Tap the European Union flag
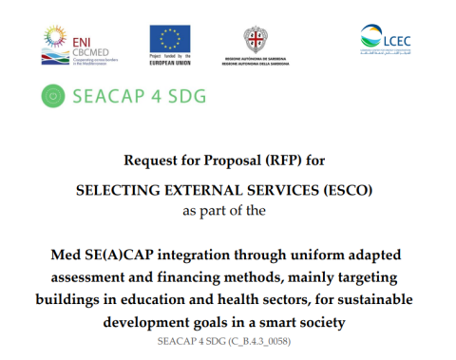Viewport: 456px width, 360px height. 171,38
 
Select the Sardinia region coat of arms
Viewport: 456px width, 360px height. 255,41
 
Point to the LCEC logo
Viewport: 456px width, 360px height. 386,40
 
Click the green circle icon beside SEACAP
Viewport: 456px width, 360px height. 55,95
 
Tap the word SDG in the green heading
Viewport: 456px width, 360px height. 184,95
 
